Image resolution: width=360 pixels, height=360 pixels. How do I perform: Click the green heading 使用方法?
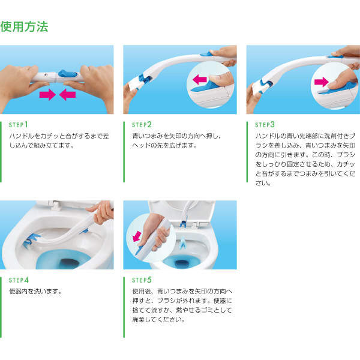25,27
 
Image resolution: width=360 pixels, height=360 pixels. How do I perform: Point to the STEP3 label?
265,125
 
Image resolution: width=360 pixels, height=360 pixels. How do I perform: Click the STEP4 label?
19,280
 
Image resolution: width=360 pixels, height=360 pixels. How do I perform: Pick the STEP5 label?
142,280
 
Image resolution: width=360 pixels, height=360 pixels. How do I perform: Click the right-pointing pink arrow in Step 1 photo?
47,95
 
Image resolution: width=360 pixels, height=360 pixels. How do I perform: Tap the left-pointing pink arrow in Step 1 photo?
67,95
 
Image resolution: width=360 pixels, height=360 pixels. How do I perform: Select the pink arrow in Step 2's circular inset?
200,79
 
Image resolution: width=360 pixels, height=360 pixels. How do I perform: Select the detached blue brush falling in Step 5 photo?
183,243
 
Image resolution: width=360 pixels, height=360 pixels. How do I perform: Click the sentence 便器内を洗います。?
36,292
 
